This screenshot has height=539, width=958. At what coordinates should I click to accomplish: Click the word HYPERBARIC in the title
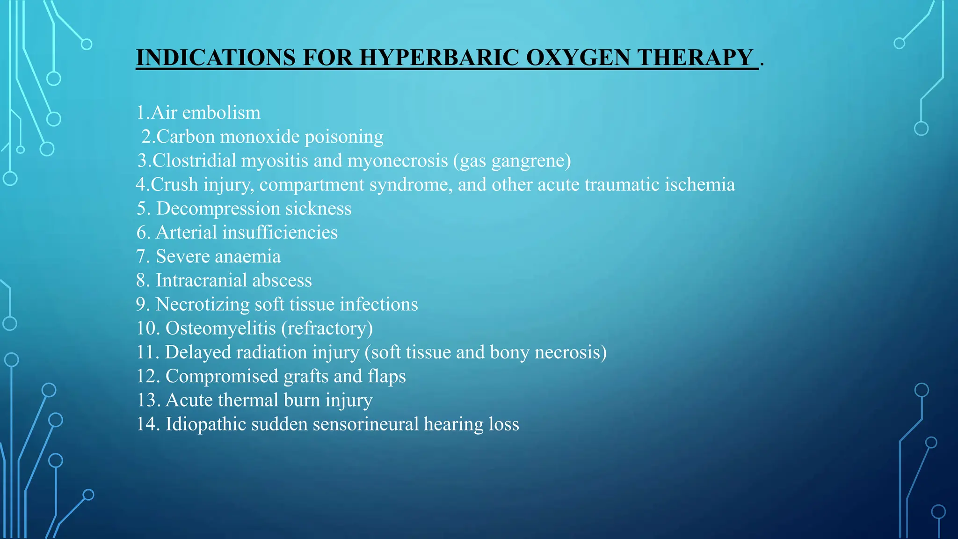[439, 58]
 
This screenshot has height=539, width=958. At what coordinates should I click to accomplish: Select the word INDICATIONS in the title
[216, 58]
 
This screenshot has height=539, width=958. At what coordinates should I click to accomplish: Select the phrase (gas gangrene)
[512, 161]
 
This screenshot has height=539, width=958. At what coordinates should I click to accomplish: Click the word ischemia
[700, 184]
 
